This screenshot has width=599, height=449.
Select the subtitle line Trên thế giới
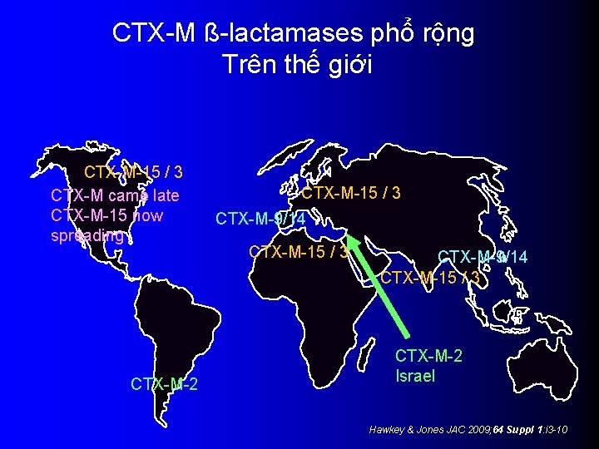click(x=298, y=64)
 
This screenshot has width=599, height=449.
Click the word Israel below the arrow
click(x=414, y=376)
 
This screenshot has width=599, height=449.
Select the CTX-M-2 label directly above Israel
click(x=428, y=356)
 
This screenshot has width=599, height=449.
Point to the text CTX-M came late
click(x=115, y=195)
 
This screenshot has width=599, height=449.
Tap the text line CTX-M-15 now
click(x=106, y=215)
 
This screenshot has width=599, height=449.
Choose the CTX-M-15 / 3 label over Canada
click(x=134, y=173)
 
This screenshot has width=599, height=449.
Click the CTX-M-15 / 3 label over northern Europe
click(x=351, y=193)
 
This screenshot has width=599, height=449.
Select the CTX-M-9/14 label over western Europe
click(x=260, y=219)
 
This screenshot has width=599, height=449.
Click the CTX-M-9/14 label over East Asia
click(x=483, y=257)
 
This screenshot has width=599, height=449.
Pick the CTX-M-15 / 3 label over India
click(x=430, y=277)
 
